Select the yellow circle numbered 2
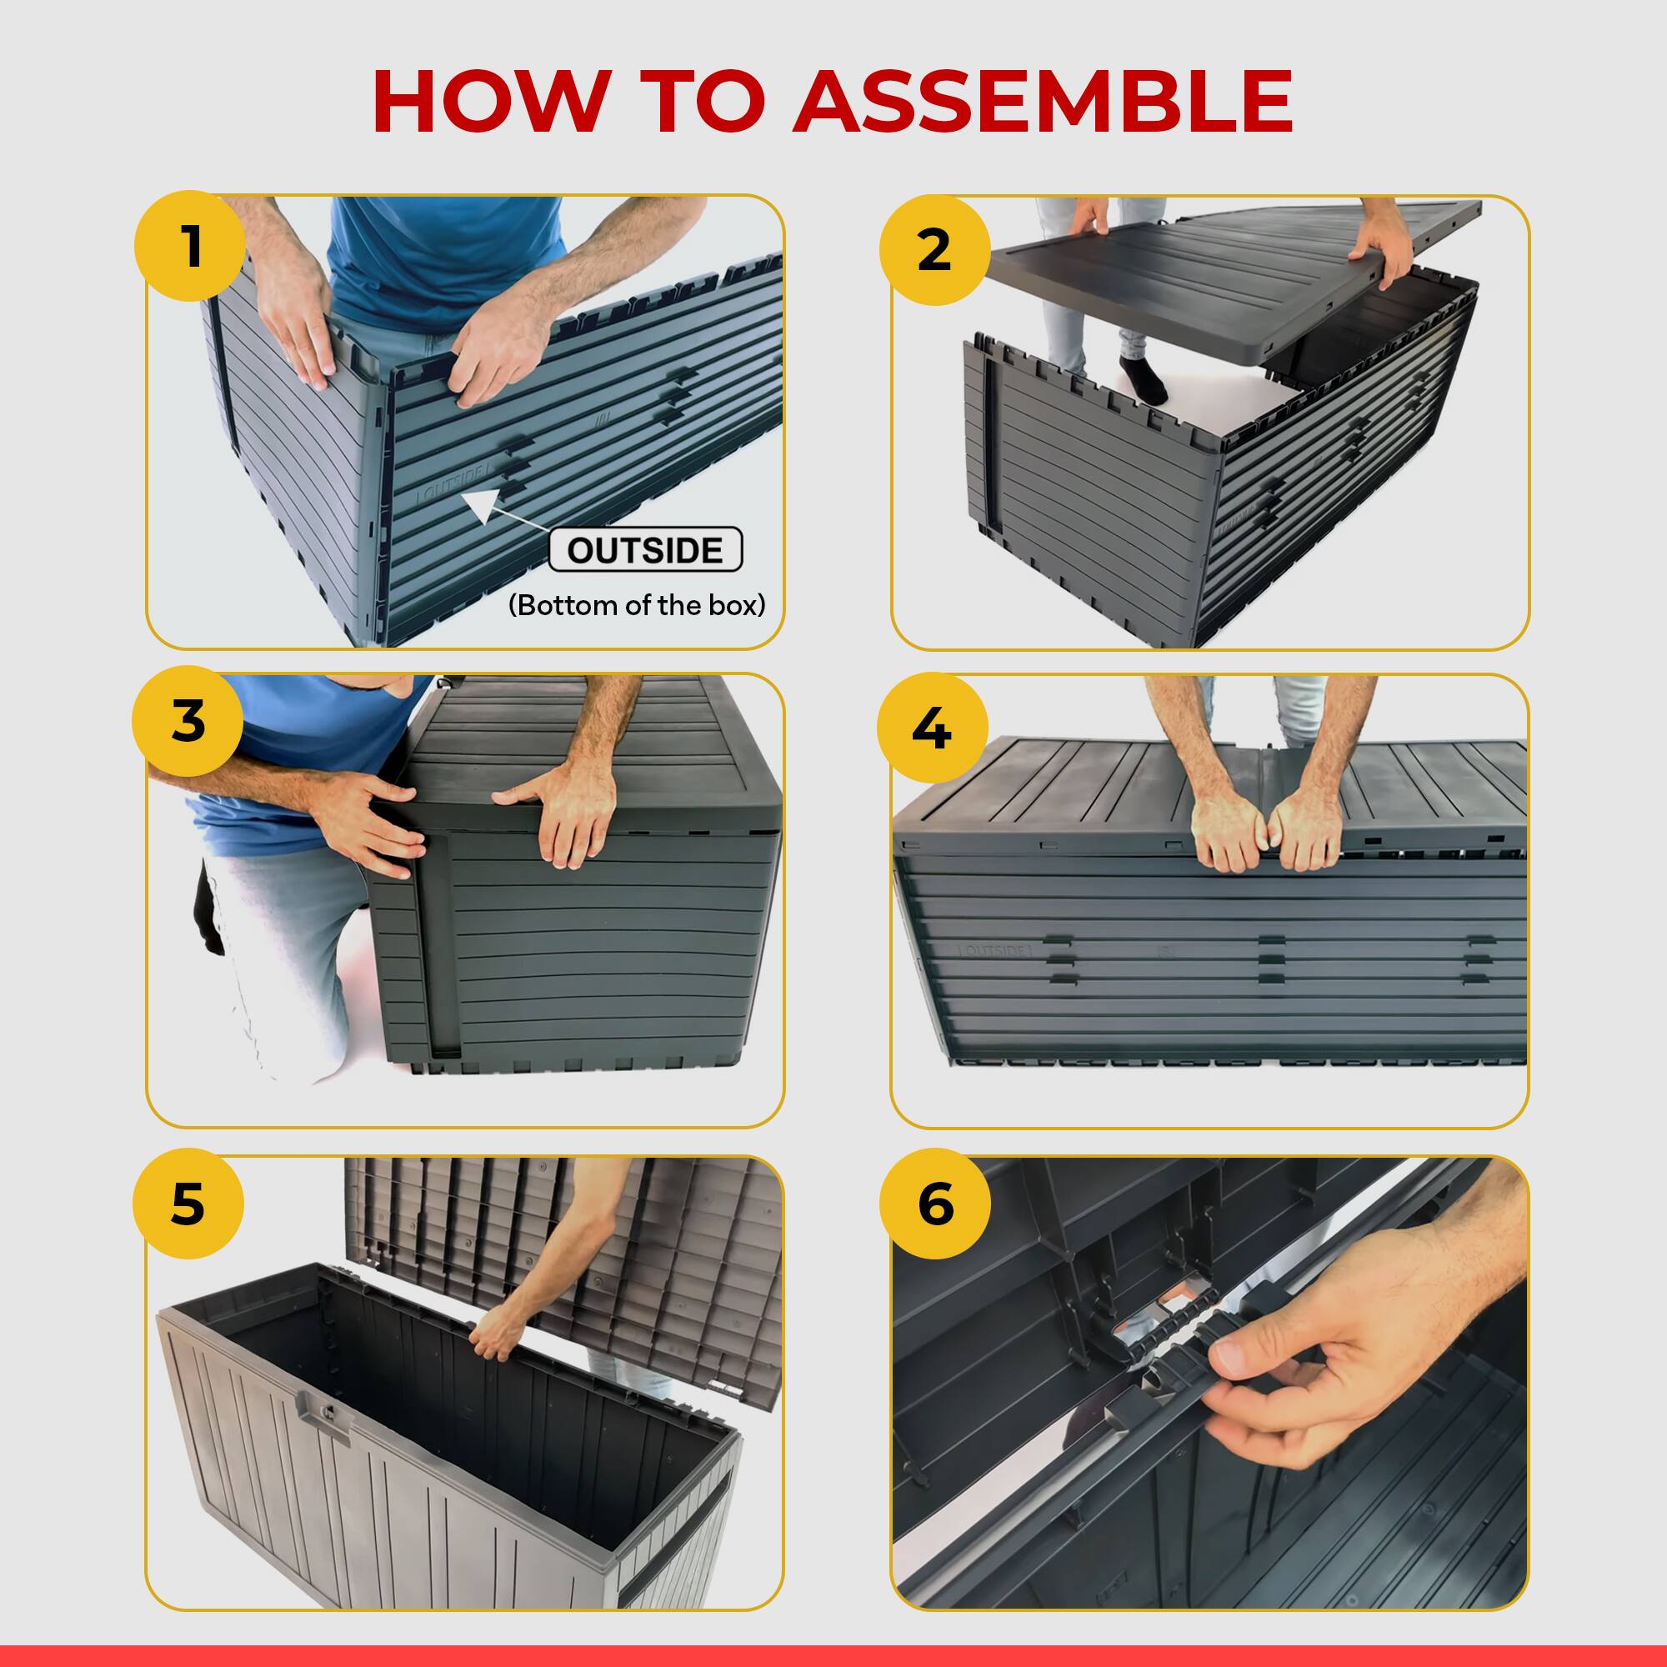[934, 250]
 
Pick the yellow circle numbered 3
[188, 721]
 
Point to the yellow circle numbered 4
[932, 729]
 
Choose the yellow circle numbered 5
[188, 1204]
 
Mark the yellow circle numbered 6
[935, 1204]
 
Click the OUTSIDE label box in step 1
[645, 549]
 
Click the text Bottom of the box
[637, 605]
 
